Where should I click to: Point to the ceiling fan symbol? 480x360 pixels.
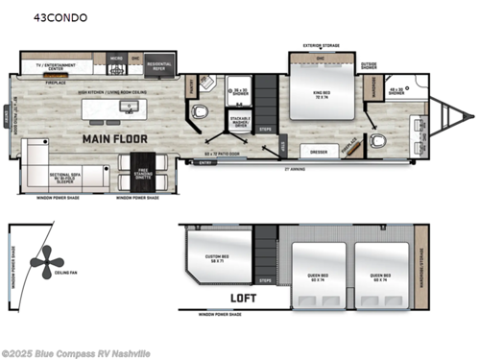[44, 263]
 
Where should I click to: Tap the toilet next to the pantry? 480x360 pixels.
[199, 113]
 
